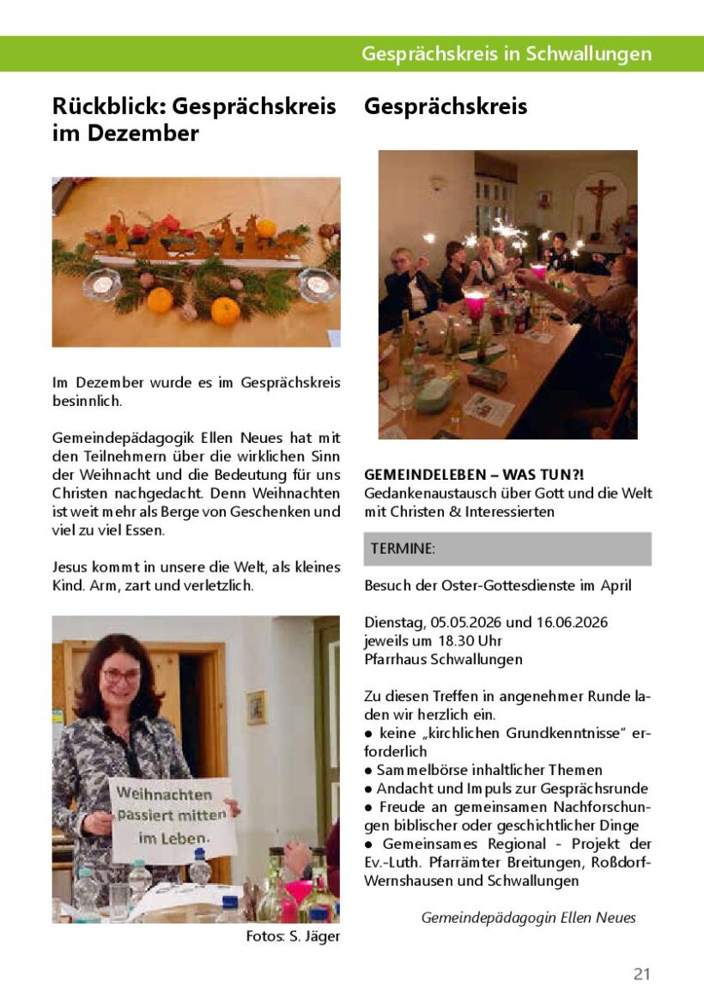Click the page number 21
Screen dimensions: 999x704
tap(641, 973)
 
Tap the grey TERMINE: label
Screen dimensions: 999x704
tap(403, 549)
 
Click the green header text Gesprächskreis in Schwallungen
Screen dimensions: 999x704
tap(506, 54)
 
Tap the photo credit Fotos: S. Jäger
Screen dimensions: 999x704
tap(293, 936)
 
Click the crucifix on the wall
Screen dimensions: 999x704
tap(600, 202)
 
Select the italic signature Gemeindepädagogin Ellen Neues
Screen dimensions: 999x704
tap(528, 917)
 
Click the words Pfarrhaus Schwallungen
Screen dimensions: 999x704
tap(443, 659)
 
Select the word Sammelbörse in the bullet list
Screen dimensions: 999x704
tap(414, 770)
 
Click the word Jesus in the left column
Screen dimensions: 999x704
tap(70, 567)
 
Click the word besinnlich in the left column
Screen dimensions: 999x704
tap(85, 400)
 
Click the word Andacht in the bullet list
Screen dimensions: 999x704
tap(403, 788)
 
